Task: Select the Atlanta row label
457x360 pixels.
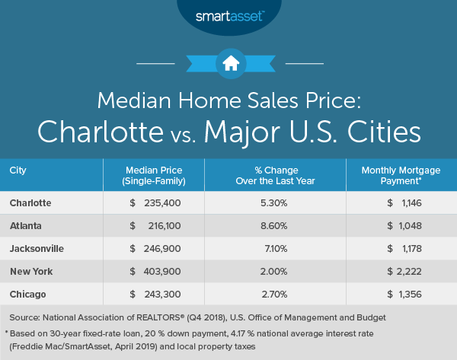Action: point(27,226)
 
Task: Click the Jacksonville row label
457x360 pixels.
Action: point(37,248)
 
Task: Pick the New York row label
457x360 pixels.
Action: point(31,270)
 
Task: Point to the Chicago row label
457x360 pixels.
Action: point(28,292)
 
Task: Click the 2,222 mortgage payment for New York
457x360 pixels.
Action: point(407,270)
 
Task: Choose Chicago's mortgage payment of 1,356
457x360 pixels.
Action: point(407,292)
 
